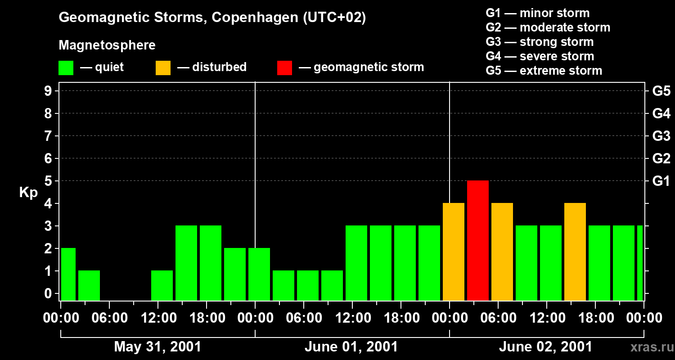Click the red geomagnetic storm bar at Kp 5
pyautogui.click(x=478, y=240)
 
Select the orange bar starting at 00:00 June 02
pyautogui.click(x=454, y=252)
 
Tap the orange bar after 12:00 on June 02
pyautogui.click(x=575, y=252)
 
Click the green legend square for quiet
pyautogui.click(x=66, y=68)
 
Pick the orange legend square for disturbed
pyautogui.click(x=163, y=68)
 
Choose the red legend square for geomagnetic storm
pyautogui.click(x=284, y=68)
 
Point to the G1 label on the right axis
pyautogui.click(x=661, y=181)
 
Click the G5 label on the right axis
pyautogui.click(x=661, y=91)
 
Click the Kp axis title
pyautogui.click(x=28, y=193)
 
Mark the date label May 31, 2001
pyautogui.click(x=157, y=347)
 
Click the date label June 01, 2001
pyautogui.click(x=351, y=347)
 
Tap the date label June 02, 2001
pyautogui.click(x=545, y=347)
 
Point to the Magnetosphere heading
pyautogui.click(x=107, y=45)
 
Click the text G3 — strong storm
pyautogui.click(x=540, y=42)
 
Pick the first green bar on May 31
pyautogui.click(x=68, y=274)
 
